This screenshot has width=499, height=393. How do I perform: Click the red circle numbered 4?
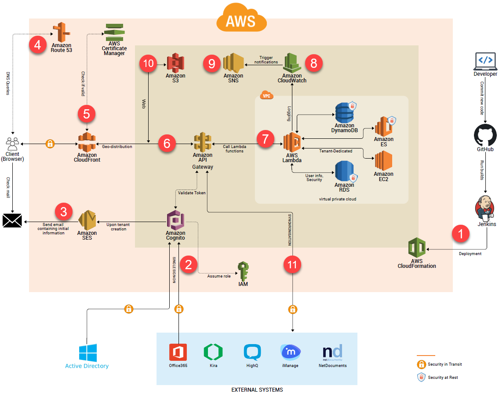pos(38,45)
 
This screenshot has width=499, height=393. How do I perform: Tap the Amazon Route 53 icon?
pos(62,32)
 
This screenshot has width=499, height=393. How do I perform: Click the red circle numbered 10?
pos(149,64)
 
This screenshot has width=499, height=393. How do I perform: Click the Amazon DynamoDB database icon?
pos(344,113)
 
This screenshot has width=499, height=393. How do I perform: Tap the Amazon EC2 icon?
pos(383,160)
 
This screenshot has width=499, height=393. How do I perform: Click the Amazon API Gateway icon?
pos(202,142)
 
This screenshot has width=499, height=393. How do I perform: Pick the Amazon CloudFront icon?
pos(87,142)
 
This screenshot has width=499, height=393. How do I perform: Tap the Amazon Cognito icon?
pos(175,220)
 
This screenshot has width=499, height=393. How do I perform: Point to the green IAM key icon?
pos(243,271)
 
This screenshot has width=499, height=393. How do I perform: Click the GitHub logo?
pos(485,135)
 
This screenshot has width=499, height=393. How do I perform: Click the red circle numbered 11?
pos(292,265)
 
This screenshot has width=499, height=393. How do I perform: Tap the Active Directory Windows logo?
pos(87,353)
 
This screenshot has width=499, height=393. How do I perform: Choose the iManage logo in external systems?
pos(291,352)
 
